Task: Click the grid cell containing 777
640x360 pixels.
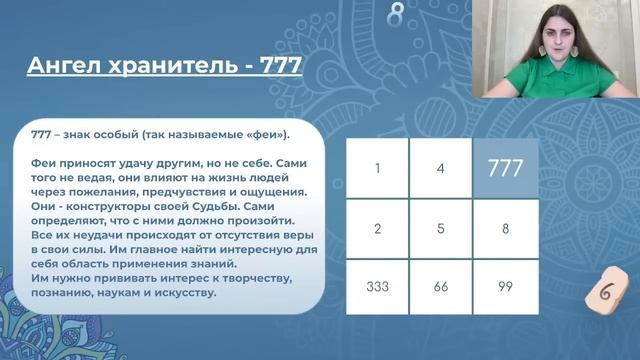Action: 505,168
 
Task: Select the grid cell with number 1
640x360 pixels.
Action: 377,168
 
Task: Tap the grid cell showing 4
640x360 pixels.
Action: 441,168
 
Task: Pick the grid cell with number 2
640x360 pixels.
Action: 377,227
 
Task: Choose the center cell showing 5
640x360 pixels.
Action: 441,227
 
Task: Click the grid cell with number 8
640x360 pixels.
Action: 505,227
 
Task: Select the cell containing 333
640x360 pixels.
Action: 377,285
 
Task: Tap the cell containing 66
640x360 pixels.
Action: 441,285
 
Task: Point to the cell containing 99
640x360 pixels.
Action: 505,285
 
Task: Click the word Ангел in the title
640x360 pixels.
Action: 63,67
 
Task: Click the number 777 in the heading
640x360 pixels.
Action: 277,67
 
